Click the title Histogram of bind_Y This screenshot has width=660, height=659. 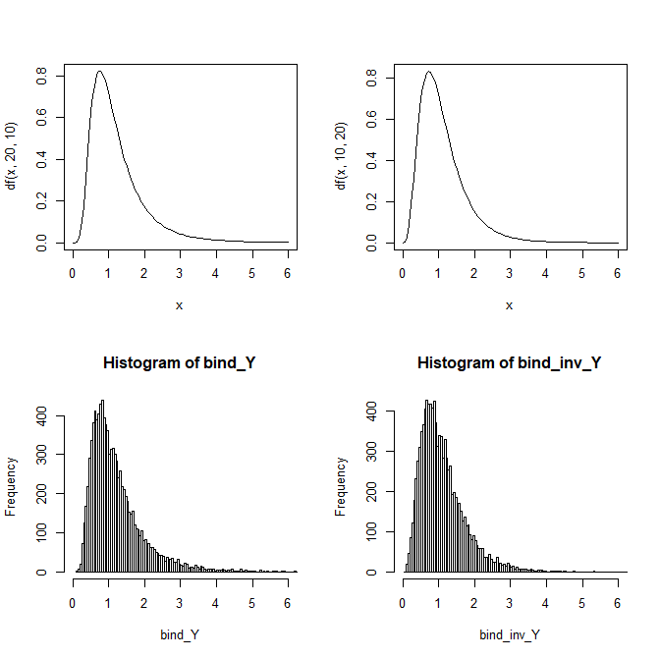[179, 363]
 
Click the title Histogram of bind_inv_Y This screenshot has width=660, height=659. [509, 363]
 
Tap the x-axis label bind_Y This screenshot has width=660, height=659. [179, 634]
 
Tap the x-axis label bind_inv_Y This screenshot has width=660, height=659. [509, 634]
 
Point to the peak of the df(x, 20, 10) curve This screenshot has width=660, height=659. [100, 72]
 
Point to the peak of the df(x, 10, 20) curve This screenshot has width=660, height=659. [428, 72]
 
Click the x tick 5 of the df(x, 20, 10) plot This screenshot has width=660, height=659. [252, 265]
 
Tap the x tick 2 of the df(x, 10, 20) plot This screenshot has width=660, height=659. [474, 265]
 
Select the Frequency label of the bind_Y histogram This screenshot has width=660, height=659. [13, 486]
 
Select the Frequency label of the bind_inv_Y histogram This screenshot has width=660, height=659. [343, 486]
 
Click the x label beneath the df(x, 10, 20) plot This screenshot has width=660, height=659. [509, 305]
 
